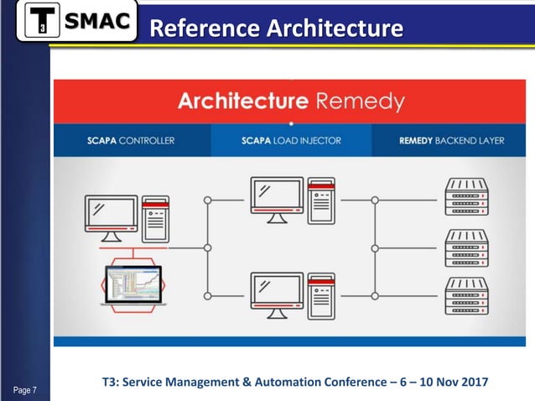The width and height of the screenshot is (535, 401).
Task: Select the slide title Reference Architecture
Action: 275,28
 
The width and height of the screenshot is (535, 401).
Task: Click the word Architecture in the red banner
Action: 242,102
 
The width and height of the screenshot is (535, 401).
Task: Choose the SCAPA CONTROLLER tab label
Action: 131,140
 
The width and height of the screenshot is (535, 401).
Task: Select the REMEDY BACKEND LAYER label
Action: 451,140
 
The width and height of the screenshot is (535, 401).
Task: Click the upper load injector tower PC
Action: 321,200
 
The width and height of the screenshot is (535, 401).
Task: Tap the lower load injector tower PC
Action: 321,296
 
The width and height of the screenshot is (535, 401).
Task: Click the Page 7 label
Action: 25,388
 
